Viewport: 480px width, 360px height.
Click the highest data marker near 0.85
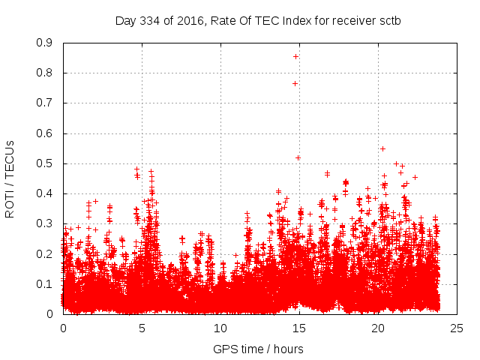click(295, 56)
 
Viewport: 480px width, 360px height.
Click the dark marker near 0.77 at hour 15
click(295, 83)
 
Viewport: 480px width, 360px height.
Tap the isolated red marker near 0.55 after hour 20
click(382, 148)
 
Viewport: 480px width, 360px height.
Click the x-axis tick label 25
click(457, 328)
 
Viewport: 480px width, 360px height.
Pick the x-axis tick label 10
click(220, 328)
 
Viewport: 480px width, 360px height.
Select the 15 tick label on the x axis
click(299, 328)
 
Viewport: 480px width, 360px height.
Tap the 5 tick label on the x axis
click(142, 328)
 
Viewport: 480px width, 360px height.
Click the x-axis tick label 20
click(378, 328)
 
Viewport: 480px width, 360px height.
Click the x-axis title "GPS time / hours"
click(259, 349)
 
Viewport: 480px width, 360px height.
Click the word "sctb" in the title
click(389, 20)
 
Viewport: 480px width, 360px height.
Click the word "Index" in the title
click(298, 20)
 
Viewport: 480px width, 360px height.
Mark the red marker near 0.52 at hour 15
click(298, 157)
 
